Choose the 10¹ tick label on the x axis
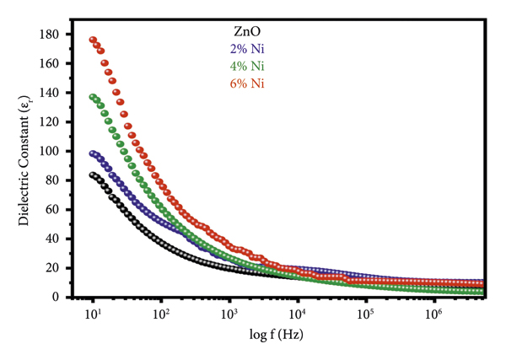94,314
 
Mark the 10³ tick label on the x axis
229,314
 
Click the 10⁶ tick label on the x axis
433,314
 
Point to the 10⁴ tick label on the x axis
297,314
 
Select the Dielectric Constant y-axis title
26,166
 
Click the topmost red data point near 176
94,40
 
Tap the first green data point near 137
94,97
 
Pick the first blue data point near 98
94,153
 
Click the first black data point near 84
94,175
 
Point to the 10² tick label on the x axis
161,314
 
